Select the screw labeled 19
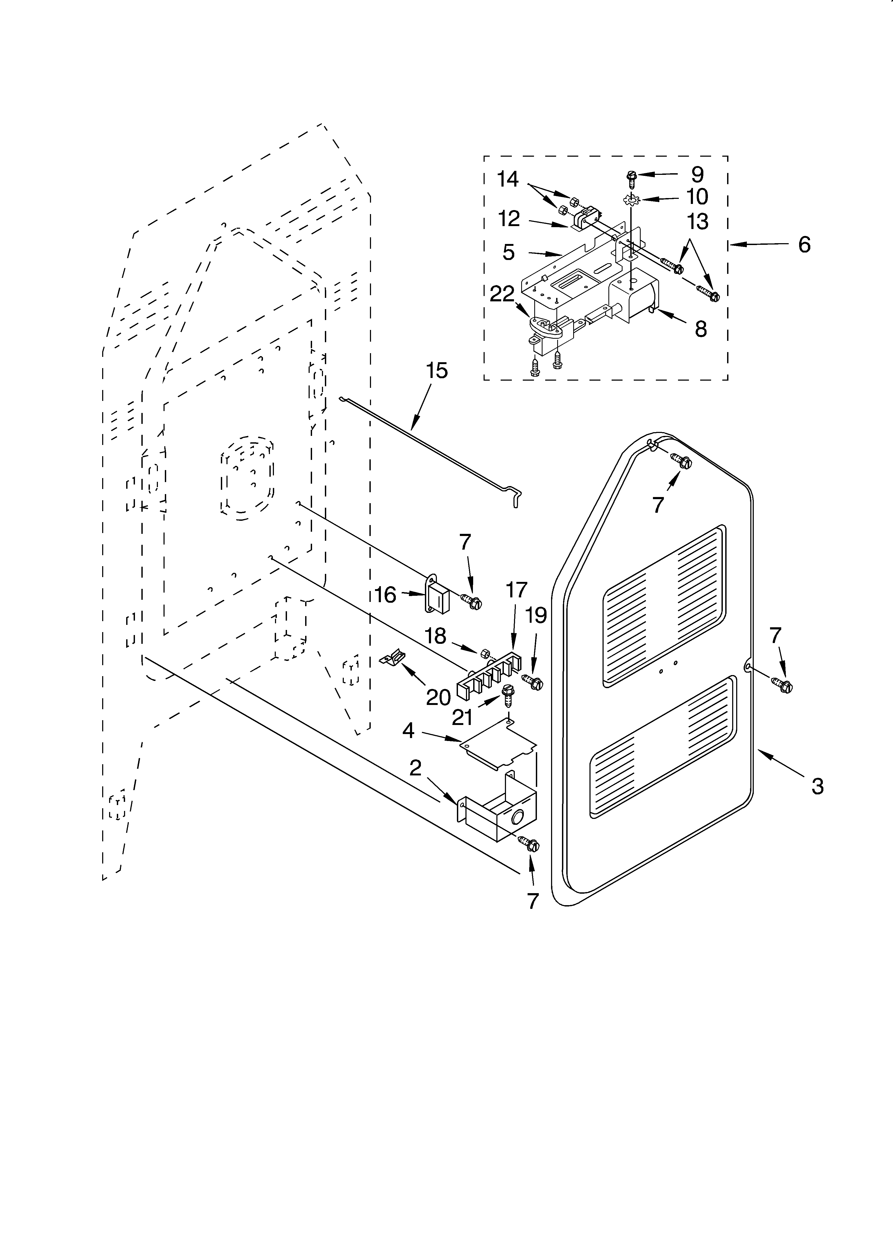point(533,682)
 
